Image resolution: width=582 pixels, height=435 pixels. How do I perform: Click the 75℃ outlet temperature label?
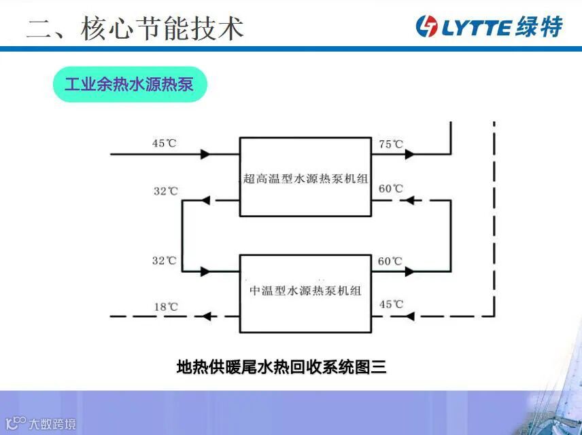coord(391,144)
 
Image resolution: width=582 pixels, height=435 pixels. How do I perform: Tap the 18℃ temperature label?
coord(166,307)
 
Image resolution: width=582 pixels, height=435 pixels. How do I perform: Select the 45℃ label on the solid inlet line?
coord(165,143)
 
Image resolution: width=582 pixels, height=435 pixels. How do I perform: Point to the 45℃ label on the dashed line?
coord(391,304)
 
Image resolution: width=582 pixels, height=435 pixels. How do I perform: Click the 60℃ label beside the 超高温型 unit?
coord(391,189)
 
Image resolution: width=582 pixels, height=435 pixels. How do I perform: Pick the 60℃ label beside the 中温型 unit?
coord(390,261)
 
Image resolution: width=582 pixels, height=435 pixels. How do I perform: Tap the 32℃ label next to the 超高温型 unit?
coord(165,191)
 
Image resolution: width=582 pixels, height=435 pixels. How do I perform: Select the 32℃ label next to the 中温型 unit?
coord(165,261)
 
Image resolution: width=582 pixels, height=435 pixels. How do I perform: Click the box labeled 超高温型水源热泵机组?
coord(306,177)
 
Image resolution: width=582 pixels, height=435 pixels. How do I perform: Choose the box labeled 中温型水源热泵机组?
coord(306,293)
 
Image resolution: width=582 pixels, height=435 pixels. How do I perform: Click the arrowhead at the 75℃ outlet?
coord(409,154)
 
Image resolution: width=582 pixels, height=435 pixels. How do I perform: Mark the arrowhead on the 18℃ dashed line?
coord(205,316)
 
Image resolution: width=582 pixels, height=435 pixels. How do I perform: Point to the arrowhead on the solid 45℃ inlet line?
coord(205,154)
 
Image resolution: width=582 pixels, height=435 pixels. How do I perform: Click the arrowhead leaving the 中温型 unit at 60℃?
coord(409,271)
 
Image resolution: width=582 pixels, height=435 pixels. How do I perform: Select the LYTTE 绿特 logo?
coord(490,26)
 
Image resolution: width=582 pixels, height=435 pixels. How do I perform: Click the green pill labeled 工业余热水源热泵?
coord(129,85)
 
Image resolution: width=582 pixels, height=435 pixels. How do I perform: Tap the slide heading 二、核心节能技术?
coord(135,28)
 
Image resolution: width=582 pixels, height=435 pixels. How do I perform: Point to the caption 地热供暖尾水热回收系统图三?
coord(281,367)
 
